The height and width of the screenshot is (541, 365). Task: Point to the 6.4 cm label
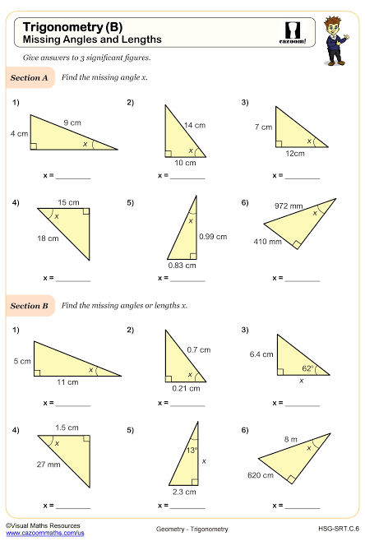pos(261,354)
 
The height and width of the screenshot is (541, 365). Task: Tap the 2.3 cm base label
pos(185,492)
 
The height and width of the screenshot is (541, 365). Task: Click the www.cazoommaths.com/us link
pos(44,534)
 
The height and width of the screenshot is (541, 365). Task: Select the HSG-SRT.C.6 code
pos(339,527)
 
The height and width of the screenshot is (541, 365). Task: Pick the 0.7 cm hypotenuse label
pos(197,349)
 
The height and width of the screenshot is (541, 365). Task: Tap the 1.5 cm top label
pos(67,428)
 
